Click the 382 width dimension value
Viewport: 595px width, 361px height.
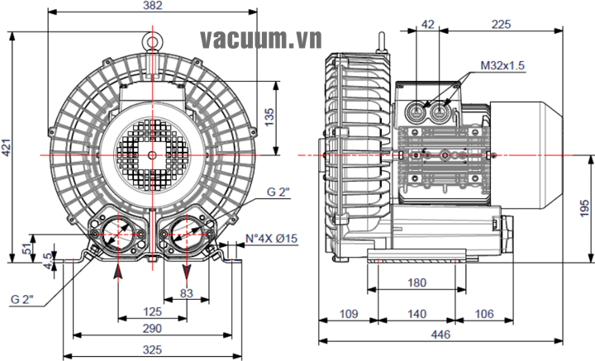[152, 6]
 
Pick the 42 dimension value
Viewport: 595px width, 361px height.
[427, 25]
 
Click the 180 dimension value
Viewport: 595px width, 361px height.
[418, 283]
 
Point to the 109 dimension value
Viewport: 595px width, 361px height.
[348, 314]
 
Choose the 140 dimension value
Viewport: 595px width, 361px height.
[417, 314]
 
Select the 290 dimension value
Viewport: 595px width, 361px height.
[152, 329]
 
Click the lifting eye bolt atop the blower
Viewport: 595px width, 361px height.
[152, 38]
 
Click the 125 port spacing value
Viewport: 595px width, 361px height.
[152, 311]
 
